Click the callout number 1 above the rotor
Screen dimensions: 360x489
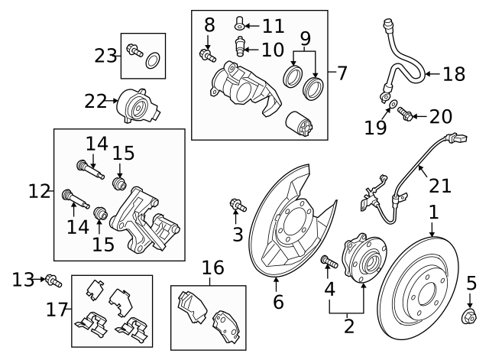click(x=432, y=210)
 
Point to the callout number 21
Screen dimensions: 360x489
click(x=441, y=186)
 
